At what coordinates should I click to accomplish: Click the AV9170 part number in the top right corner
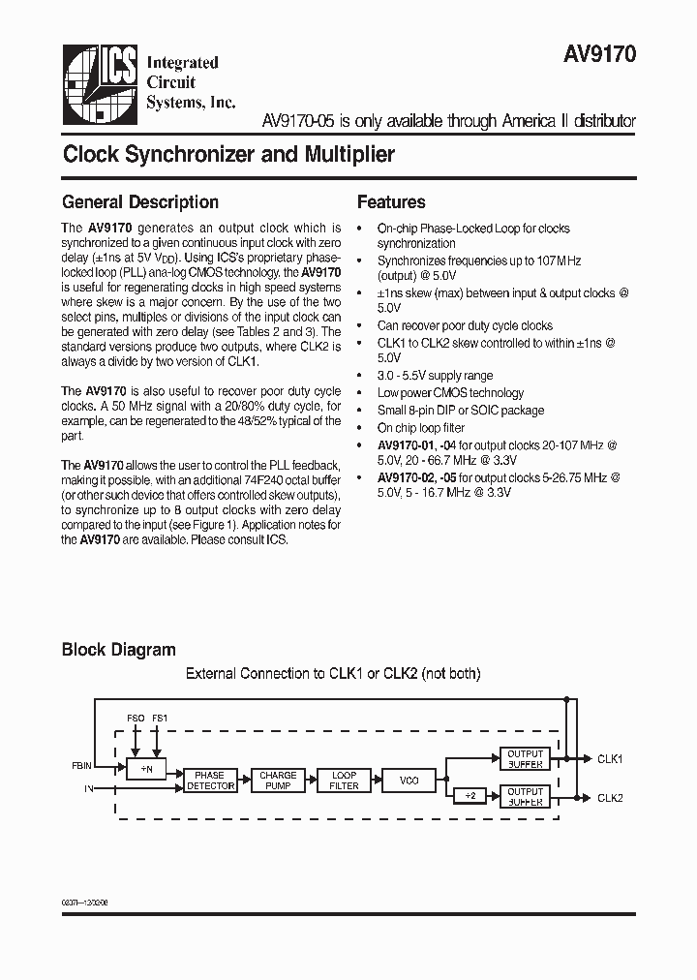point(600,56)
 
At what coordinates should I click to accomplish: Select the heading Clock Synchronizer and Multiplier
point(228,155)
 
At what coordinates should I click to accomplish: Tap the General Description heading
point(140,202)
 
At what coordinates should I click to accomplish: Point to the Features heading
point(391,202)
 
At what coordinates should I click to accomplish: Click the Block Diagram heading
point(119,650)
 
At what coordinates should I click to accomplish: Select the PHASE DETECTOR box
point(210,781)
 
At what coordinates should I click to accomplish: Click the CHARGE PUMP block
point(278,781)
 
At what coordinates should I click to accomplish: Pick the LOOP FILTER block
point(345,781)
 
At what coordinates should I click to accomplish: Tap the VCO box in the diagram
point(409,781)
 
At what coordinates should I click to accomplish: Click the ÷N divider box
point(147,768)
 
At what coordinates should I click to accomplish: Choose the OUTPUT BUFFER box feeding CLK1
point(526,759)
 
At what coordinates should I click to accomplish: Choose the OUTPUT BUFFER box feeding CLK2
point(526,797)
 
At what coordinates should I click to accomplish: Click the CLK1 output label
point(610,759)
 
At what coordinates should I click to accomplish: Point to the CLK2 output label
point(610,797)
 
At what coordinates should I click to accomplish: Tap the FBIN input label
point(81,766)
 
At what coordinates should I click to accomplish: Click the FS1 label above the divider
point(160,718)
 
